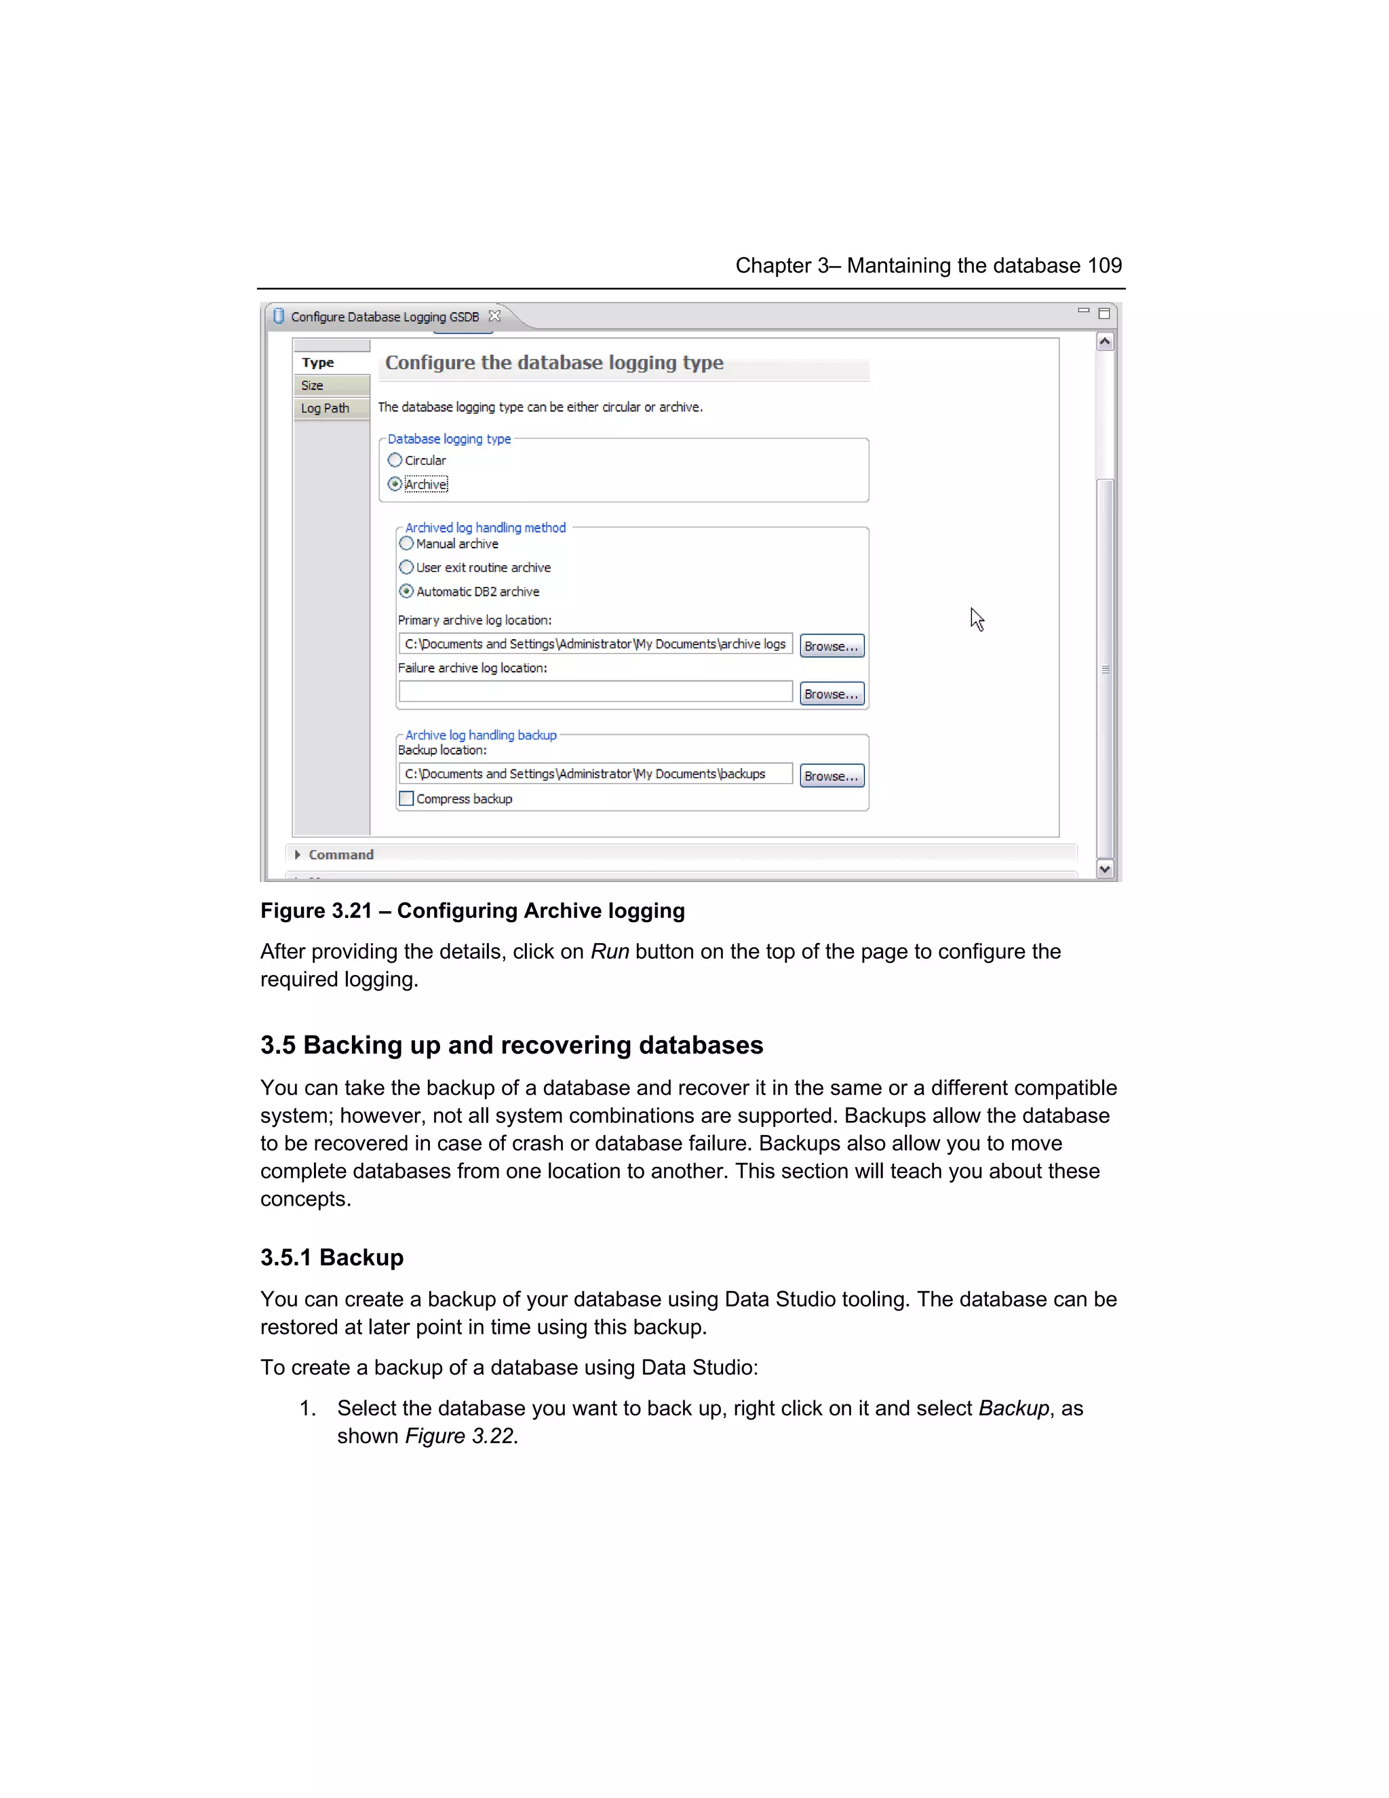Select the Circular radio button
[395, 460]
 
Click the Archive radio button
[395, 484]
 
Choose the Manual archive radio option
[406, 543]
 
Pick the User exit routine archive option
[406, 567]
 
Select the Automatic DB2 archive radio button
[406, 591]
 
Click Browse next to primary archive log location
[831, 646]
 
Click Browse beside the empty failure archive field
[831, 694]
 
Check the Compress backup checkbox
[406, 799]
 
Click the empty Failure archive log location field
[595, 691]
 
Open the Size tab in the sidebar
[313, 385]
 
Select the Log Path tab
[325, 408]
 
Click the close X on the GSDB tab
[494, 316]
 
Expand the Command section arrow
[298, 854]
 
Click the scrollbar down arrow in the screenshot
[1105, 868]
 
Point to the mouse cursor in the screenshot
[976, 618]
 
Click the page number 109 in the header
[1104, 266]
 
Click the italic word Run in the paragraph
[610, 952]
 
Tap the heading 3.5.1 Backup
[332, 1258]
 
